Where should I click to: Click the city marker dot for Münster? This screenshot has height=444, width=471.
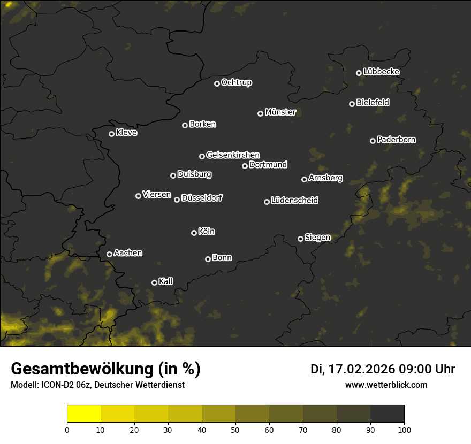[x=260, y=113]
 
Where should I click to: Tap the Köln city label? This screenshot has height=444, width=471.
[x=207, y=232]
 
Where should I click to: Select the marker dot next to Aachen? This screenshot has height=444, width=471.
[x=109, y=254]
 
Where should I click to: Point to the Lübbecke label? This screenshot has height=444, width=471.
[x=381, y=72]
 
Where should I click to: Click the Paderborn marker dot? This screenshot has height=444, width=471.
[x=373, y=141]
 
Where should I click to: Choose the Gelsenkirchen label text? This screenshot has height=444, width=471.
[x=233, y=155]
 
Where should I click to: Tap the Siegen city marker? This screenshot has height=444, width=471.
[x=300, y=239]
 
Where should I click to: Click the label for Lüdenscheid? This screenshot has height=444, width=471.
[x=294, y=201]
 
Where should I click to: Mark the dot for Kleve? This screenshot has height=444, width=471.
[x=111, y=134]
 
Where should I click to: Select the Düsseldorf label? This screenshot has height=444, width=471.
[x=202, y=198]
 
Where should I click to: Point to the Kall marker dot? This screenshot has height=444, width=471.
[x=154, y=282]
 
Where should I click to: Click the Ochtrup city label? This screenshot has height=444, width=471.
[x=236, y=82]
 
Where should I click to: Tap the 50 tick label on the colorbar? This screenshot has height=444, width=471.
[x=236, y=429]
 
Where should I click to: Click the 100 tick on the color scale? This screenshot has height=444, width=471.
[x=404, y=429]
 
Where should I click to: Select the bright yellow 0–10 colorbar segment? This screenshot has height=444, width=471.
[x=83, y=414]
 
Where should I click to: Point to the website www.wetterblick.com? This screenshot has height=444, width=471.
[x=386, y=385]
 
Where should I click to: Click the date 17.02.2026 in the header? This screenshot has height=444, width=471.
[x=363, y=369]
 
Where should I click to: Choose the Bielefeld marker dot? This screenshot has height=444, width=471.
[x=352, y=104]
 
